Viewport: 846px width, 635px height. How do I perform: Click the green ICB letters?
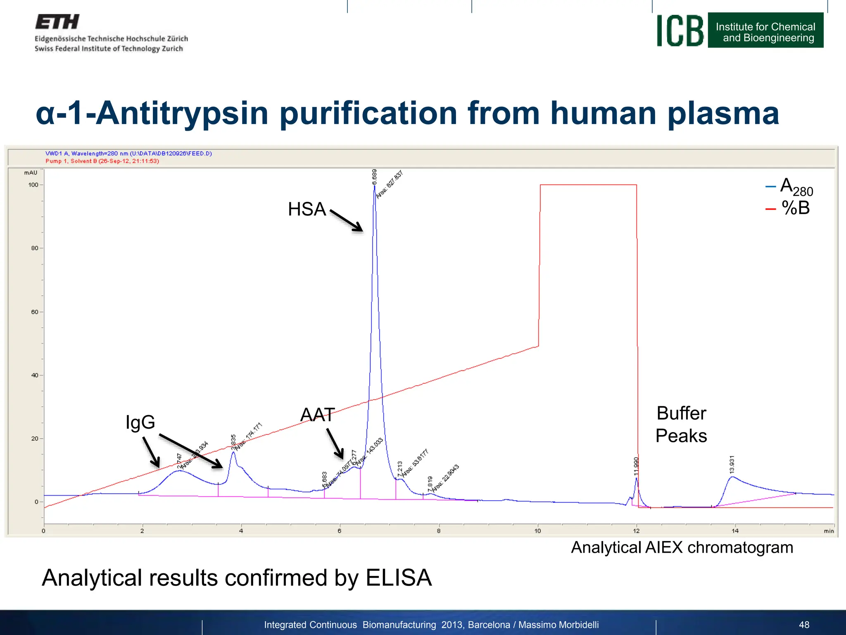coord(680,31)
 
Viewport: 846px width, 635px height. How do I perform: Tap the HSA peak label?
coord(307,209)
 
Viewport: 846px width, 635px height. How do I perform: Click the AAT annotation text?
coord(317,415)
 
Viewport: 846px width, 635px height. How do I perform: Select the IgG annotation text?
coord(140,422)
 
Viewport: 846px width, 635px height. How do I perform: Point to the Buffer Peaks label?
coord(681,425)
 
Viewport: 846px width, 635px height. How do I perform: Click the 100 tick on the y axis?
coord(33,185)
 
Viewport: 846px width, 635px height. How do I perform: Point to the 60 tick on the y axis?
coord(35,312)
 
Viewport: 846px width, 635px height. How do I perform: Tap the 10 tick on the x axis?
coord(537,531)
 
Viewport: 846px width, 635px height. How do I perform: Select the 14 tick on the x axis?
coord(735,531)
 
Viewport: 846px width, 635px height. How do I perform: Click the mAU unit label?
coord(31,173)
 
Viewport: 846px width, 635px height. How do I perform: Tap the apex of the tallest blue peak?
coord(375,186)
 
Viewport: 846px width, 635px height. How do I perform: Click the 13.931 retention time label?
coord(732,464)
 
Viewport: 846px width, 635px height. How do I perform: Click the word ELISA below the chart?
coord(399,578)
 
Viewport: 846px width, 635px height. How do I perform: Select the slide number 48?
coord(804,625)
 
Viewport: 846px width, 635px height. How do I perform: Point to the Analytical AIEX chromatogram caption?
coord(682,547)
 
